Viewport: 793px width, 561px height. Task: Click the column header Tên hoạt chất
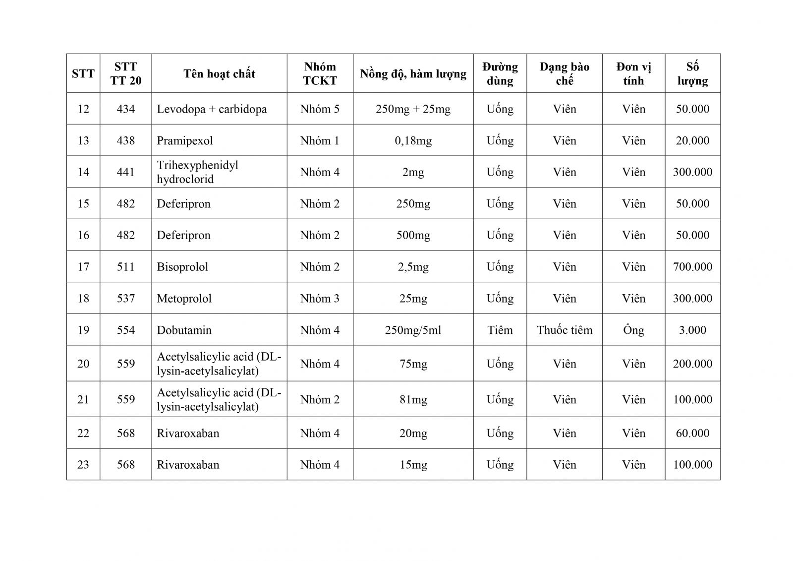(x=219, y=74)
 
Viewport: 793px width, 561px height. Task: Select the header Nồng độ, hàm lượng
(x=413, y=74)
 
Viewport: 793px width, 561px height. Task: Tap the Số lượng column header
(x=692, y=74)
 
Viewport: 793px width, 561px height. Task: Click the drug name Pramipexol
(x=185, y=141)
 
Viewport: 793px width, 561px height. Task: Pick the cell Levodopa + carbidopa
(x=212, y=109)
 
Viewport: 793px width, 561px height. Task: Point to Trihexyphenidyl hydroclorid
(x=197, y=172)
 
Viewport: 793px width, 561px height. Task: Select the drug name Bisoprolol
(x=182, y=267)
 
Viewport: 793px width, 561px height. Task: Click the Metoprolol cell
(x=184, y=299)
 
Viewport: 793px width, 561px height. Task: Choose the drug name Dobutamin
(x=184, y=330)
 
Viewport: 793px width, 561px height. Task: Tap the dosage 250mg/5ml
(x=413, y=330)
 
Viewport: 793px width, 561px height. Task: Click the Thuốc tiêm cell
(x=565, y=330)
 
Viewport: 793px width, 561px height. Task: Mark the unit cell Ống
(x=633, y=330)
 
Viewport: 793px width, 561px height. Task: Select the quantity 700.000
(x=692, y=267)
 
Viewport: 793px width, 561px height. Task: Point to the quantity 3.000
(x=692, y=330)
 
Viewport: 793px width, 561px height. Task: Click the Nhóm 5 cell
(x=320, y=109)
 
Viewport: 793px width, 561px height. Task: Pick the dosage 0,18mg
(x=413, y=141)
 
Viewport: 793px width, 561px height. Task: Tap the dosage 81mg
(x=413, y=400)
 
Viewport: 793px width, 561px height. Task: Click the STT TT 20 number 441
(x=125, y=172)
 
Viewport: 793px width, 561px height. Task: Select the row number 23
(x=83, y=465)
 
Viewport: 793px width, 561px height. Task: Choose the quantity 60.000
(x=692, y=434)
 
